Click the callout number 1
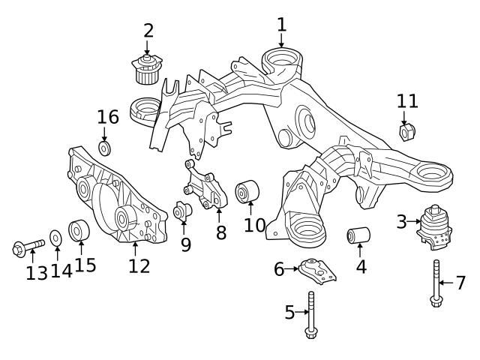tap(281, 25)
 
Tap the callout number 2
tap(148, 31)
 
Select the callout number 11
tap(407, 101)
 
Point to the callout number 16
tap(108, 117)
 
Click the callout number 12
tap(139, 265)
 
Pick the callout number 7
tap(460, 283)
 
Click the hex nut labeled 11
tap(407, 133)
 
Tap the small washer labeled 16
tap(104, 147)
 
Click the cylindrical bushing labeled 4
tap(359, 237)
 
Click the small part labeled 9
tap(182, 213)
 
